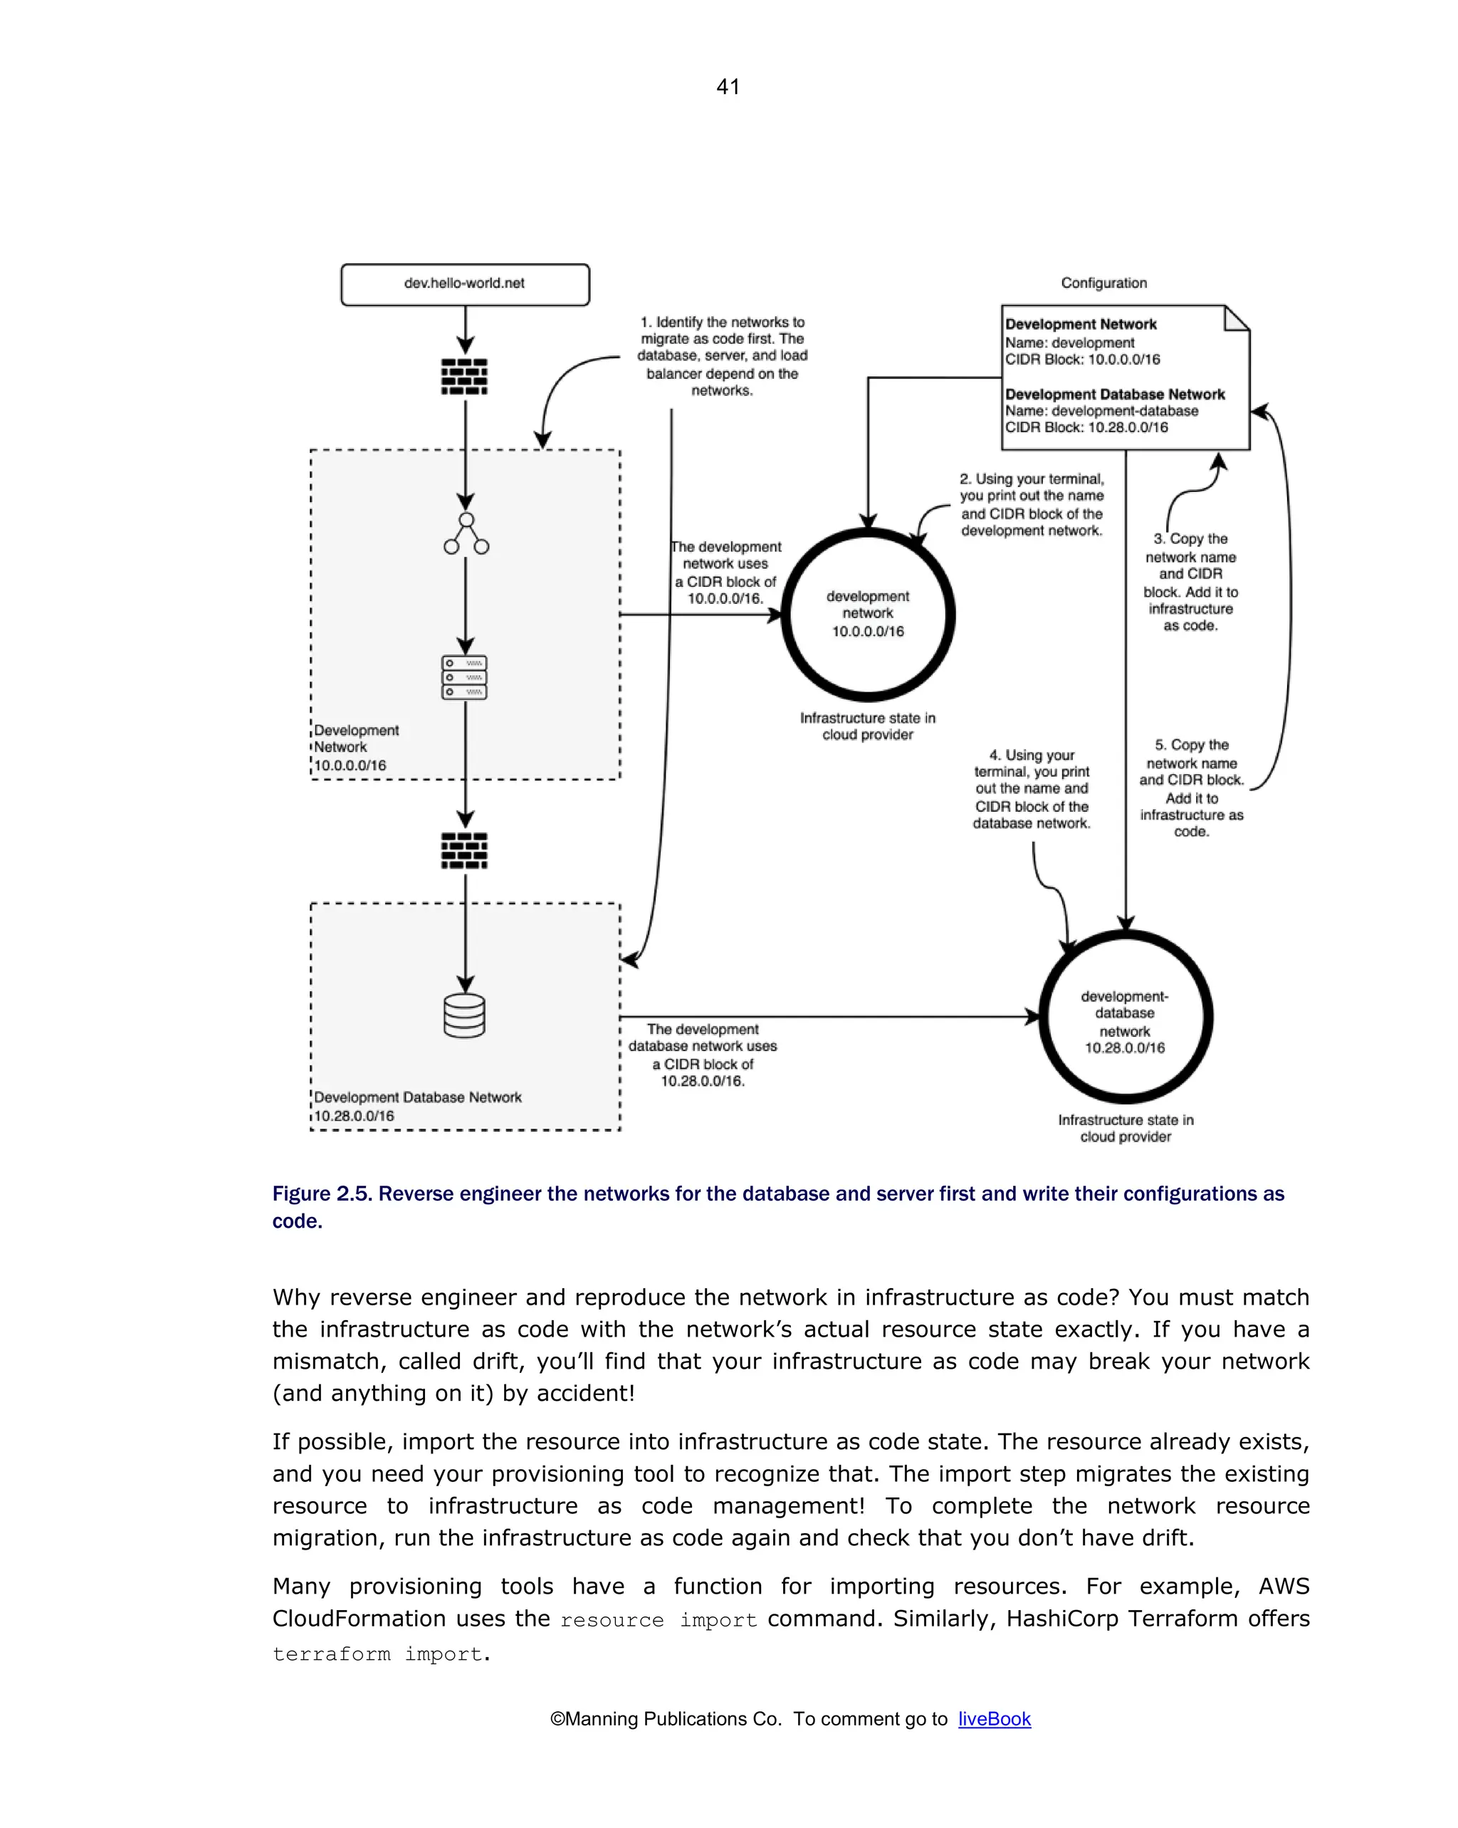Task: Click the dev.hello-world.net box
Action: click(465, 284)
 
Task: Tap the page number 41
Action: click(728, 86)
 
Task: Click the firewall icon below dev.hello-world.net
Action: click(465, 377)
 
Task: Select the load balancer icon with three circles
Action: click(466, 534)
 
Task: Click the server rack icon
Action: click(465, 677)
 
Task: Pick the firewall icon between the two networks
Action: click(465, 850)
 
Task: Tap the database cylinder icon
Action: click(465, 1015)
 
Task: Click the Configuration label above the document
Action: click(1103, 283)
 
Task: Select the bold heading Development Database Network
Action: click(1114, 395)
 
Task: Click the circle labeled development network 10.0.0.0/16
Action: click(867, 614)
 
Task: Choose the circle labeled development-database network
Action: click(1124, 1018)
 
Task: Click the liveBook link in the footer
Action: click(993, 1718)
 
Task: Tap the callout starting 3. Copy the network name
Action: click(1190, 582)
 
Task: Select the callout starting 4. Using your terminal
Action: click(1031, 788)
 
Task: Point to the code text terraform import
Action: click(378, 1654)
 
